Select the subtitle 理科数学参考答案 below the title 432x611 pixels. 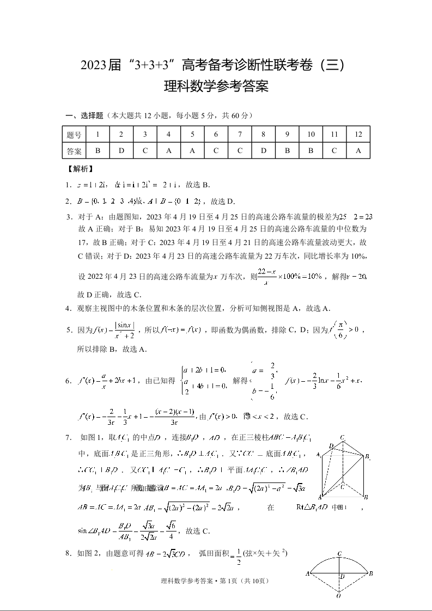[x=216, y=87]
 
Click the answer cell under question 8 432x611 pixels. [x=263, y=151]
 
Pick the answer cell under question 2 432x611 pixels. [x=121, y=151]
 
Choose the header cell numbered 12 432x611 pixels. [x=358, y=135]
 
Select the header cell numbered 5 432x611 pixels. [x=192, y=135]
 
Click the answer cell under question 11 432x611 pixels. [x=334, y=151]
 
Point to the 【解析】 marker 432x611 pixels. [x=80, y=169]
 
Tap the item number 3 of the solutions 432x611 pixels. [x=69, y=217]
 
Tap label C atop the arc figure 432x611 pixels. [x=339, y=554]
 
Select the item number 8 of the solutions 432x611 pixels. [x=69, y=554]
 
